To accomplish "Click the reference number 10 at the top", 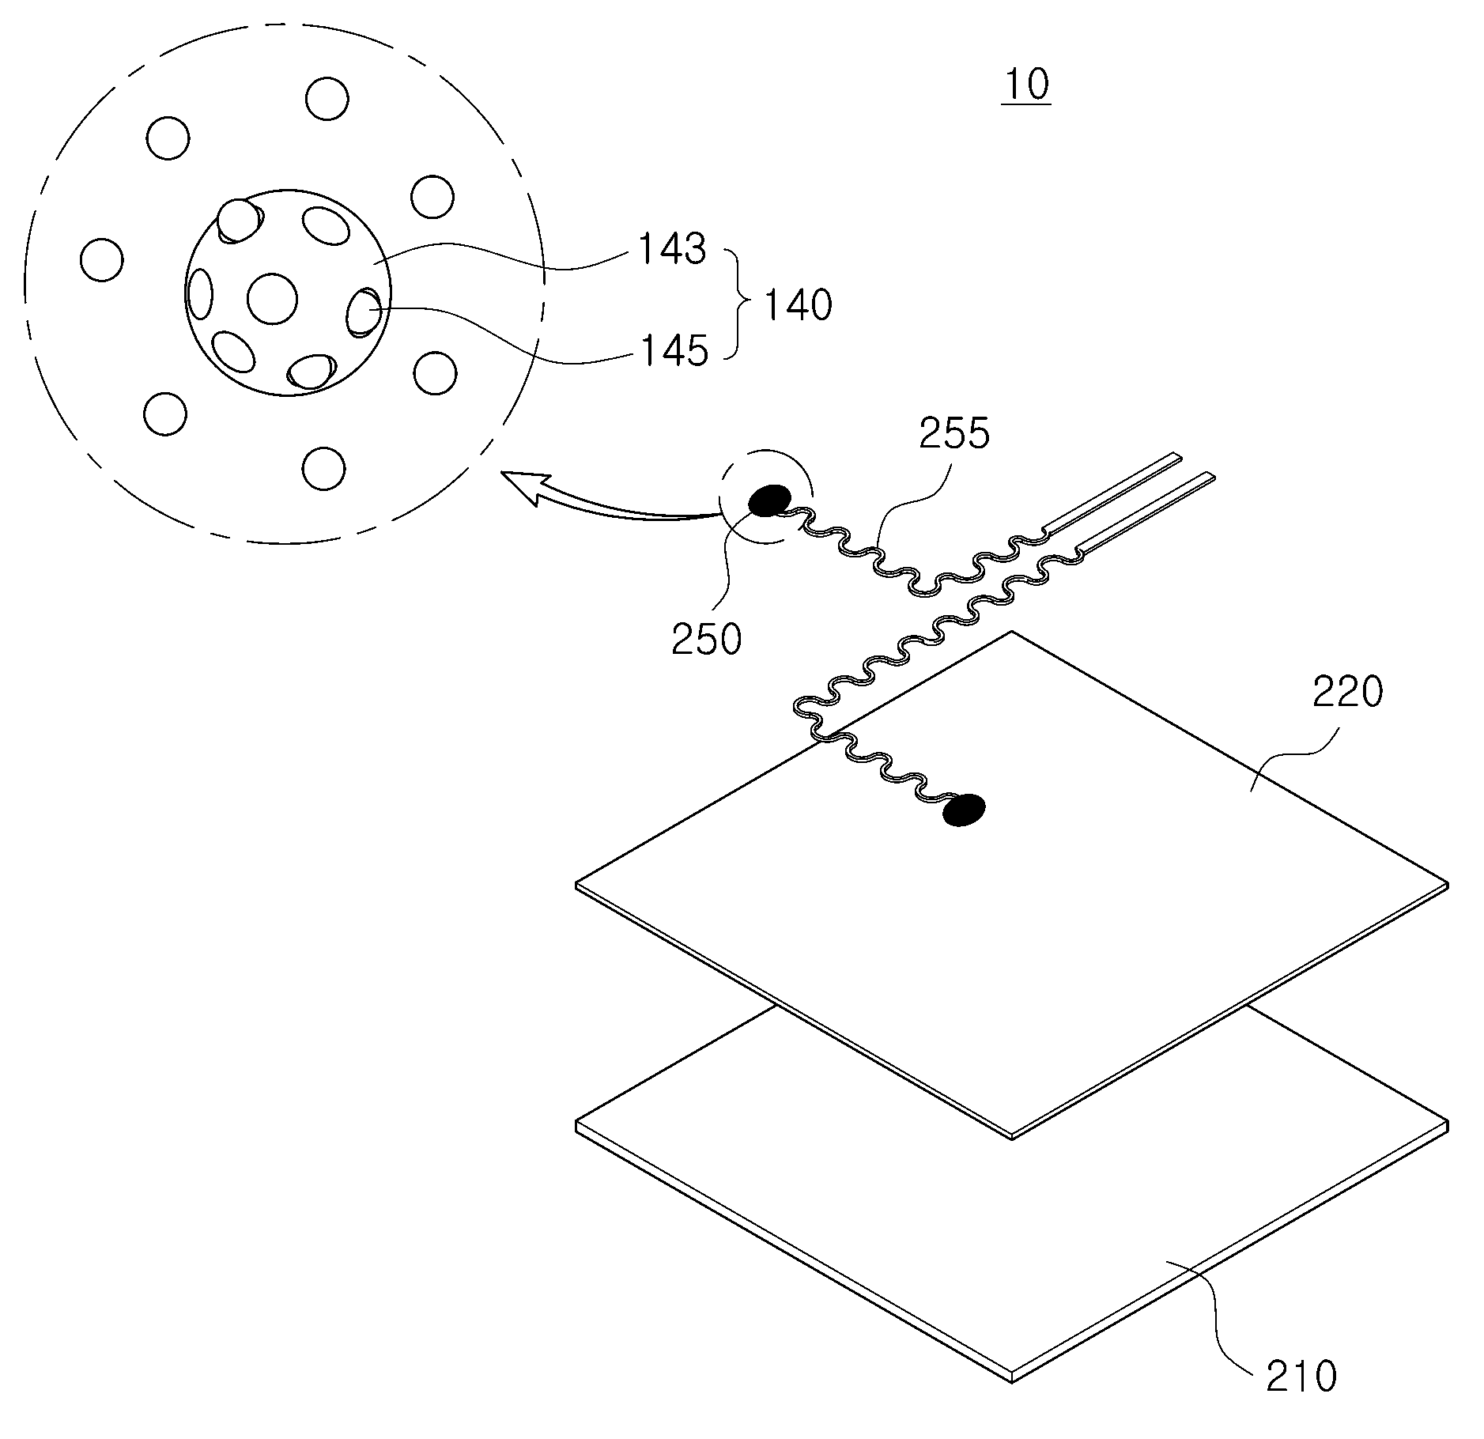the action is [x=1026, y=84].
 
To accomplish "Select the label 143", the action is [x=671, y=249].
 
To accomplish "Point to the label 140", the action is [x=797, y=304].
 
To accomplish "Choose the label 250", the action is [x=706, y=639].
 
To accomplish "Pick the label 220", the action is [x=1348, y=693].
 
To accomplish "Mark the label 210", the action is [x=1301, y=1376].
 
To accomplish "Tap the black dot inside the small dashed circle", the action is [x=769, y=500].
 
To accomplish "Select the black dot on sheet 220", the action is [x=964, y=810].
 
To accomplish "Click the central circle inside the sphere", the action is [x=272, y=299].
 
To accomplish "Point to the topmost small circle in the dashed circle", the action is [x=327, y=99].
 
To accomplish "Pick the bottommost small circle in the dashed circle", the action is [x=324, y=469].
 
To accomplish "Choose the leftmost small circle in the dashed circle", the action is [x=102, y=259].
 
